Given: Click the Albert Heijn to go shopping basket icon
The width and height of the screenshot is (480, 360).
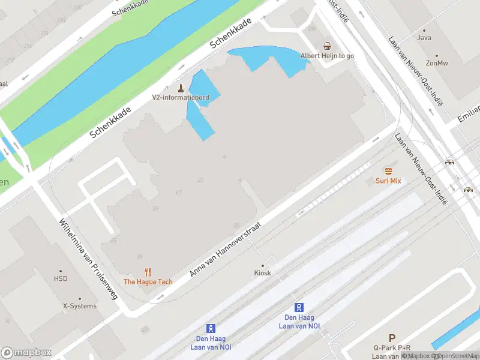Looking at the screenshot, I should [327, 46].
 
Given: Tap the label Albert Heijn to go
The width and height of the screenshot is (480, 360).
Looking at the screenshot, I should [327, 56].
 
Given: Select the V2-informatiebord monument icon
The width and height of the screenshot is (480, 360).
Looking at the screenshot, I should [180, 88].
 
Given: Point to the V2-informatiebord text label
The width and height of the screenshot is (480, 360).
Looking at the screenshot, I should [180, 98].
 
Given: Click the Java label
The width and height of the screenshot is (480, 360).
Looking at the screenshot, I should [424, 38].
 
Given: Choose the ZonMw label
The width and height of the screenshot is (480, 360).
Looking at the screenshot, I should [437, 63].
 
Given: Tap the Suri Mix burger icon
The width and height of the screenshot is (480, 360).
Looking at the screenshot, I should [388, 170].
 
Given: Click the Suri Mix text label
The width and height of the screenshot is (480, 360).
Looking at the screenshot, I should [388, 181].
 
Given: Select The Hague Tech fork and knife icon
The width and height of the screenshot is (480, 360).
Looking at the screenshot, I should [148, 272].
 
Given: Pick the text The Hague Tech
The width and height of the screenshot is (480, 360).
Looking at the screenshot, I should [148, 282].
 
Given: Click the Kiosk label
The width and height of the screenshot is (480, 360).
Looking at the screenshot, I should [262, 273].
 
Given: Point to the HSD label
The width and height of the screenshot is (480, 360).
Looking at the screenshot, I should [61, 279].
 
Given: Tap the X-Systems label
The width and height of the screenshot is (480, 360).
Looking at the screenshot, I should [80, 306].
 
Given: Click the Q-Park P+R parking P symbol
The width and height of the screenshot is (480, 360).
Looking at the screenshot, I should [392, 338].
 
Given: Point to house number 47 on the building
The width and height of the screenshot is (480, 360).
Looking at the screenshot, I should [178, 192].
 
